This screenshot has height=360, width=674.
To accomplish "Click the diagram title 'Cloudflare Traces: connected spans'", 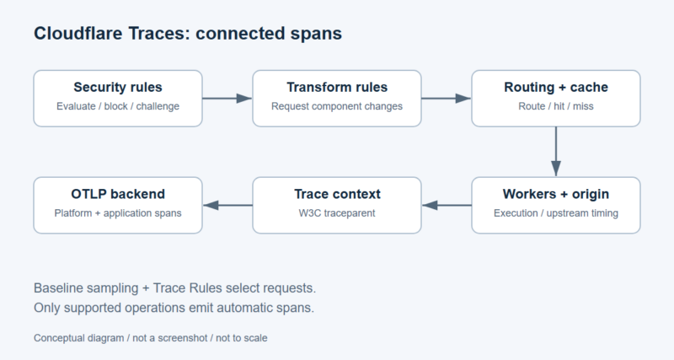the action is [188, 34].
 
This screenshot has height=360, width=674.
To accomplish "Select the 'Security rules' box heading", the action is [118, 88].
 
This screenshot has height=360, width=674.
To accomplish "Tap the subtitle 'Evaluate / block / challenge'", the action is [118, 106].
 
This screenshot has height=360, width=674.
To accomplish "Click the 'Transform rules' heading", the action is [337, 88].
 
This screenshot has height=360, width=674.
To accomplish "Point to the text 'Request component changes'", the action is [337, 106].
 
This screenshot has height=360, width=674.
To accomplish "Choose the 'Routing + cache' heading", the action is [556, 88].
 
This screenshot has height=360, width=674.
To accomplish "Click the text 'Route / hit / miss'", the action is [556, 106].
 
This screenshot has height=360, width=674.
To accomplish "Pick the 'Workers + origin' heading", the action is [556, 194].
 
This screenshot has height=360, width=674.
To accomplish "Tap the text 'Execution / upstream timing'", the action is [556, 213].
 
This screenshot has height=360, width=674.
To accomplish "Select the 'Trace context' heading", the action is [337, 194].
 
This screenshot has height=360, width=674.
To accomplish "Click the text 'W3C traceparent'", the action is [337, 213].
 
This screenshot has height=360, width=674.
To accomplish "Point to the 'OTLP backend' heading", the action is [118, 194].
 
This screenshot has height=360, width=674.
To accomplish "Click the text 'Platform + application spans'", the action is [118, 213].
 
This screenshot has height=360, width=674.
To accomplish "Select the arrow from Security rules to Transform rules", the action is [227, 99].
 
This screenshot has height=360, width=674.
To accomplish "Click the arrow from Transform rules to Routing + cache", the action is [447, 99].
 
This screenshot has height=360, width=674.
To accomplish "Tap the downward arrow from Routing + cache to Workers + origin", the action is [556, 152].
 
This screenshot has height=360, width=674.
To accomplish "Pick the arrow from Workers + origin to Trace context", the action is [447, 205].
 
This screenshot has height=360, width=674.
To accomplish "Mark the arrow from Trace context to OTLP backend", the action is [227, 205].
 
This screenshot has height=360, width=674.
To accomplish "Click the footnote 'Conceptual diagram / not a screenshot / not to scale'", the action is [151, 338].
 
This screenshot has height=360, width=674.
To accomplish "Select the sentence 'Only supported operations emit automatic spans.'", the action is [174, 308].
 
